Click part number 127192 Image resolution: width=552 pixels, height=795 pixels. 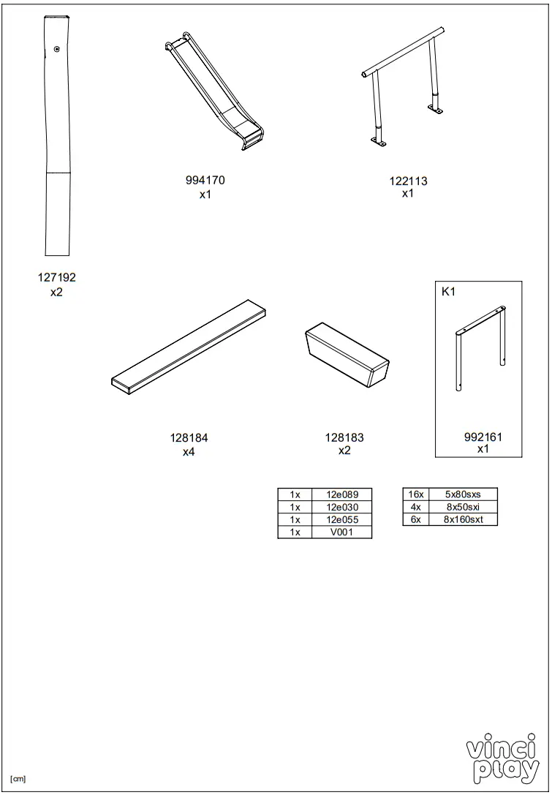(57, 278)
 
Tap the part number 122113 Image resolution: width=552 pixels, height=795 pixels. (408, 181)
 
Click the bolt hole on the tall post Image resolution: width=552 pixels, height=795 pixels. (57, 48)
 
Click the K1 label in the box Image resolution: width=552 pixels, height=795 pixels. (448, 292)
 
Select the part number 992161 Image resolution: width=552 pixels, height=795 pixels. (483, 437)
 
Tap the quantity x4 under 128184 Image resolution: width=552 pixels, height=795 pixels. (189, 452)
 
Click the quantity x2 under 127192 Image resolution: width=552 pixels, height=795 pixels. (57, 292)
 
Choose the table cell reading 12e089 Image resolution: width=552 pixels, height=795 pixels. (341, 495)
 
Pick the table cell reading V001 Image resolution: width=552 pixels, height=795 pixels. (341, 532)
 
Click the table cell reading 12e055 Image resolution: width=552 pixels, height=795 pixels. (341, 520)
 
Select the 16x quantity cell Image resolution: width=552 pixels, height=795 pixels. (415, 495)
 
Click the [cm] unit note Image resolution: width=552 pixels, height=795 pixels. (18, 778)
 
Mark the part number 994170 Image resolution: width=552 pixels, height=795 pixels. (205, 181)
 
